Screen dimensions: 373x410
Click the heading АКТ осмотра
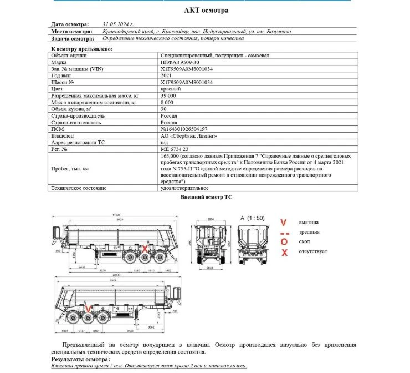point(206,11)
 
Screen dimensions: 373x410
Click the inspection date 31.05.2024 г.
point(120,25)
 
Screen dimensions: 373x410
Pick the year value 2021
point(166,75)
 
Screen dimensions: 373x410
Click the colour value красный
point(170,89)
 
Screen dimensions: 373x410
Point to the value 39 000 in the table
point(170,95)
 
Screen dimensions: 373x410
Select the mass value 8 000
point(168,103)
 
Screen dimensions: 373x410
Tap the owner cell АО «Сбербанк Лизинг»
point(188,135)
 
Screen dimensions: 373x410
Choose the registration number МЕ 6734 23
point(174,149)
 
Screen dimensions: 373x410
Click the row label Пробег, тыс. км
point(70,168)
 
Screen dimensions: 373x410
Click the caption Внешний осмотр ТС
point(206,197)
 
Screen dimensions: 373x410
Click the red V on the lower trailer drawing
point(87,307)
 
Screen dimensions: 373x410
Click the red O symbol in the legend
point(284,241)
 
